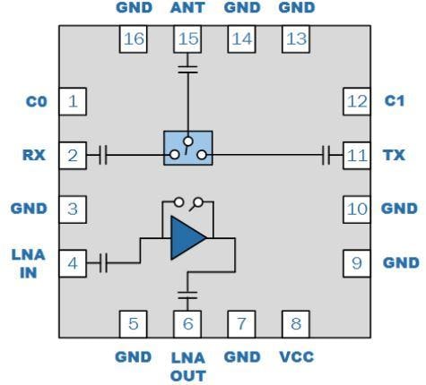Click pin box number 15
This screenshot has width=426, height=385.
point(187,39)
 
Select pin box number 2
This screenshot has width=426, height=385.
point(73,156)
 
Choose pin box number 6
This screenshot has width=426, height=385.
point(187,324)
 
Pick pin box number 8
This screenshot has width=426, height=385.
point(296,324)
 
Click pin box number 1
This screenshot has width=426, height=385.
point(73,101)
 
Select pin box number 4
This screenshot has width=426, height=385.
point(73,263)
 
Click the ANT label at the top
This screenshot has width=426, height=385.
point(187,9)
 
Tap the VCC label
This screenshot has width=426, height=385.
point(296,356)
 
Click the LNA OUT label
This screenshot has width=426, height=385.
point(187,365)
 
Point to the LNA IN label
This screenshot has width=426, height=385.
point(28,263)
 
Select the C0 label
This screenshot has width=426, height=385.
point(35,101)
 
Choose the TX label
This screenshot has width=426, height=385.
point(394,156)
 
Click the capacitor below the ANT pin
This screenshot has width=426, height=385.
point(187,66)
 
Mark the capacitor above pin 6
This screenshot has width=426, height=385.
point(187,293)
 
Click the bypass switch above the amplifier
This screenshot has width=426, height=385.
point(188,202)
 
